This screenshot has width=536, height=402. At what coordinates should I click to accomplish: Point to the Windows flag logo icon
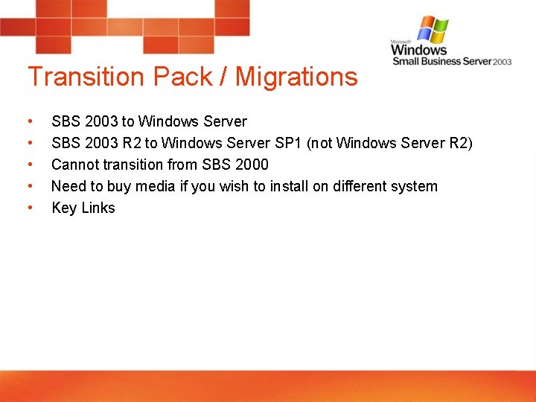[433, 30]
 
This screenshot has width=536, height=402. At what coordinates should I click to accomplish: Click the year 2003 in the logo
[502, 62]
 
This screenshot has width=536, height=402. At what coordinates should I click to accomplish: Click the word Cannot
[75, 165]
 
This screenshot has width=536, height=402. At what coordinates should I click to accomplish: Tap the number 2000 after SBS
[251, 165]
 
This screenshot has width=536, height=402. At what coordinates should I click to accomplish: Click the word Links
[98, 208]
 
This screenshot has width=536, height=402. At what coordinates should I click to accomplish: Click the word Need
[68, 186]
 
